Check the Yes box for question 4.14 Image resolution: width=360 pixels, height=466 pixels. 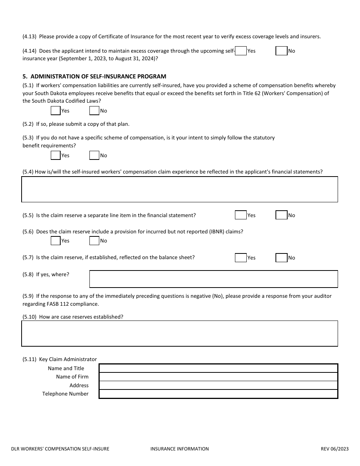click(x=241, y=51)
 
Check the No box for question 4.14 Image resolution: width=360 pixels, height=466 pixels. click(x=281, y=51)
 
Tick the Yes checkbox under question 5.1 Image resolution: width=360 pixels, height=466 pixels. click(x=56, y=111)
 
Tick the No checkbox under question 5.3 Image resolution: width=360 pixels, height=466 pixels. click(x=94, y=155)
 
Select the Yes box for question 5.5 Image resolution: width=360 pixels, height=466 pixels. click(x=241, y=215)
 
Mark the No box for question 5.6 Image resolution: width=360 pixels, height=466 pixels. click(x=94, y=241)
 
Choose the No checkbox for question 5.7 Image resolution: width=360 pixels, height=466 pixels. click(x=281, y=258)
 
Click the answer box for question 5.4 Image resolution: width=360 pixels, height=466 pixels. click(x=180, y=189)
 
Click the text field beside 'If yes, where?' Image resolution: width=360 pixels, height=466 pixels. click(x=213, y=279)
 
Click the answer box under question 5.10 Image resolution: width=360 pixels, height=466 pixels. click(x=180, y=333)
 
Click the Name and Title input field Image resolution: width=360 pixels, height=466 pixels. click(x=218, y=368)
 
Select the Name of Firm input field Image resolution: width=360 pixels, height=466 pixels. click(x=218, y=377)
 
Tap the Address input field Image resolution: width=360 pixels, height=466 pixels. click(x=218, y=385)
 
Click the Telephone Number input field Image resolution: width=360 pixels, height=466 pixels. click(x=218, y=394)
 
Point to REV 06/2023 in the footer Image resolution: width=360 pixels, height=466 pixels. click(x=335, y=449)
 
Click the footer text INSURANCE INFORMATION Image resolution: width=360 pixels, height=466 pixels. click(x=179, y=449)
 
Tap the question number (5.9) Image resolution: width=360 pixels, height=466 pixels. click(x=28, y=296)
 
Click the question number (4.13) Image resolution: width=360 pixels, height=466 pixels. click(x=30, y=37)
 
